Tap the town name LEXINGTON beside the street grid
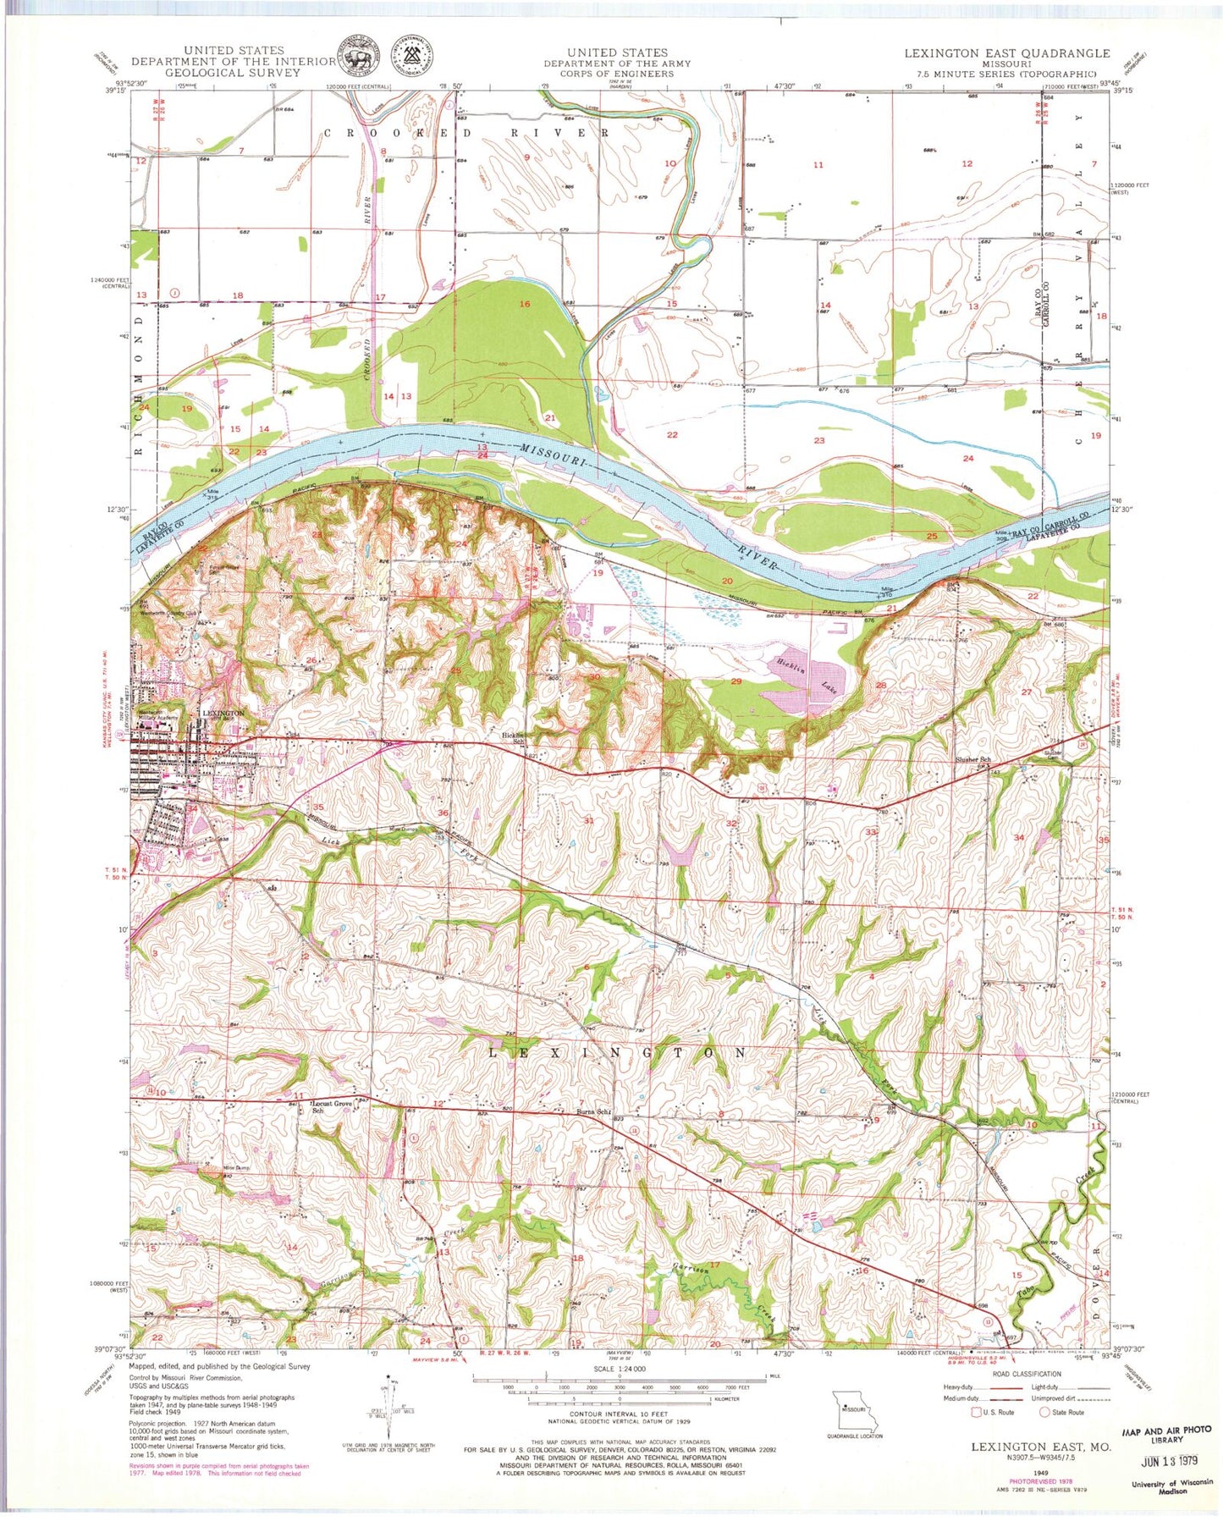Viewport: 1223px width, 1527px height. tap(223, 713)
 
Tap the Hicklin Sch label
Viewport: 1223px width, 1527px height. tap(513, 737)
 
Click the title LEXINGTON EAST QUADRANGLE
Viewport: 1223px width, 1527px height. tap(1006, 53)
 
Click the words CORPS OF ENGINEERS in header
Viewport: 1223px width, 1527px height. tap(617, 74)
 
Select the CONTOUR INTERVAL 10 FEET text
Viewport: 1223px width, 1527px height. tap(619, 1437)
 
